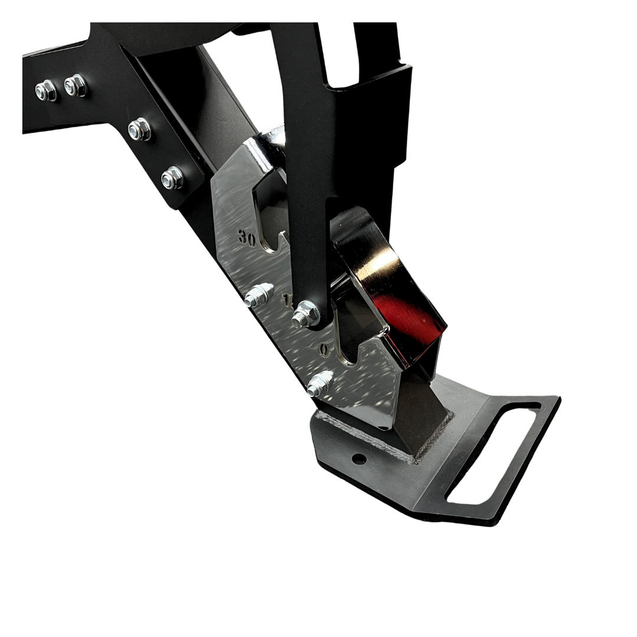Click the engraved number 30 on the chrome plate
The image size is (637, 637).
pyautogui.click(x=247, y=237)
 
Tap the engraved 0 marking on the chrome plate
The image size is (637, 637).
pyautogui.click(x=324, y=349)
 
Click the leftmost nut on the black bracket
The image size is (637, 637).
pyautogui.click(x=45, y=90)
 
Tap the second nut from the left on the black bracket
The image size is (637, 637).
pyautogui.click(x=75, y=86)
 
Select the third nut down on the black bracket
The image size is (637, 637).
pyautogui.click(x=139, y=129)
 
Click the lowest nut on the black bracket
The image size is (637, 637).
pyautogui.click(x=172, y=177)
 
